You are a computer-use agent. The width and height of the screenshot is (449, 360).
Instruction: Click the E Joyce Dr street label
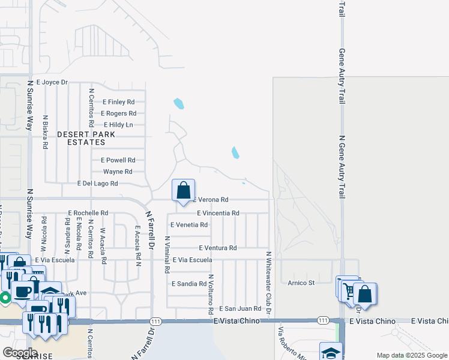point(52,82)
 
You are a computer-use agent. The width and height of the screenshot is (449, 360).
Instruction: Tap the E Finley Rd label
point(118,102)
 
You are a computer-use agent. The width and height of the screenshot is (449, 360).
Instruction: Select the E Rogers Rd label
point(118,113)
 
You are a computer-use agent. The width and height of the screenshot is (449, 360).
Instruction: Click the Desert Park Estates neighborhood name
point(82,139)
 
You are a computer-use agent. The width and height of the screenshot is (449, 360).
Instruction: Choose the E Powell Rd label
point(118,160)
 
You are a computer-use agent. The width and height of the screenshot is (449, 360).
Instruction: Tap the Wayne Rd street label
point(118,172)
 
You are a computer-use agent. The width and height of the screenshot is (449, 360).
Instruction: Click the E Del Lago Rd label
point(98,183)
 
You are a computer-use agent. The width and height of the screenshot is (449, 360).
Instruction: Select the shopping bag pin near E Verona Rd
point(183,190)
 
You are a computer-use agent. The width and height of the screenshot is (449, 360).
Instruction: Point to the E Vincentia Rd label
point(218,213)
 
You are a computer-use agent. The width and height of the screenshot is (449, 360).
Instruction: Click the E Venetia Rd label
point(189,225)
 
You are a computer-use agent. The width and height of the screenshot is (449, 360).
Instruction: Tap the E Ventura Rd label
point(217,248)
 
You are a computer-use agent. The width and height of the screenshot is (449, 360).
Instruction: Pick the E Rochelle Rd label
point(88,213)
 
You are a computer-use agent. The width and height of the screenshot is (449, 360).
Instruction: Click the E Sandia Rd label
point(189,284)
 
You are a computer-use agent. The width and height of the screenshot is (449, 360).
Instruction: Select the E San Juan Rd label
point(240,308)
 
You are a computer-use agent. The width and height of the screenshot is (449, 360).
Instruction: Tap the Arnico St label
point(301,283)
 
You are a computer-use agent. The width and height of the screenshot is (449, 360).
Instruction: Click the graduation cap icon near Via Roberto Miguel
point(330,352)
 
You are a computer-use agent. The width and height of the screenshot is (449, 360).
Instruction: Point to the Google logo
point(20,353)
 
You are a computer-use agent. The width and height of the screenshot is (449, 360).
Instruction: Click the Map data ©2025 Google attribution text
point(411,355)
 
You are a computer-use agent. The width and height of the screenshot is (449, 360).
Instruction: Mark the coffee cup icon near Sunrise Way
point(23,292)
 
